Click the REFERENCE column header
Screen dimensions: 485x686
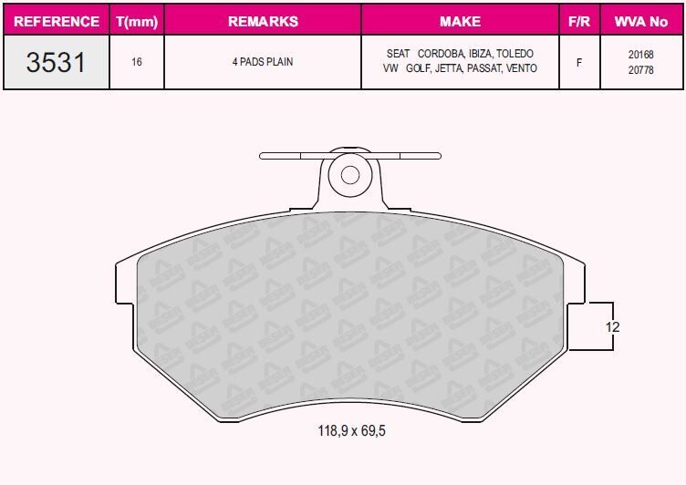point(57,20)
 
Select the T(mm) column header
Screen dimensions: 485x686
point(136,20)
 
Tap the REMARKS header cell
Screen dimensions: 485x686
point(263,20)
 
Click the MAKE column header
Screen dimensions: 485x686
point(460,20)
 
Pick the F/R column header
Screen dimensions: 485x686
point(579,20)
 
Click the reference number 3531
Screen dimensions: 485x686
point(57,62)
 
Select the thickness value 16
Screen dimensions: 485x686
point(136,63)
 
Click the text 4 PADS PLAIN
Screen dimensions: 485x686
point(263,63)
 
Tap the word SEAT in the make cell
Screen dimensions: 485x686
point(398,55)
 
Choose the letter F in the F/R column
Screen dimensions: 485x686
point(579,63)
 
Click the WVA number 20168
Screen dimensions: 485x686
point(640,55)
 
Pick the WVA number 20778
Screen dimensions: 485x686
point(640,69)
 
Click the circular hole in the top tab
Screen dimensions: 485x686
point(348,173)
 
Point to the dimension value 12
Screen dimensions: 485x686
point(614,326)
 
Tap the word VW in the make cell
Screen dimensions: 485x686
point(391,69)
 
